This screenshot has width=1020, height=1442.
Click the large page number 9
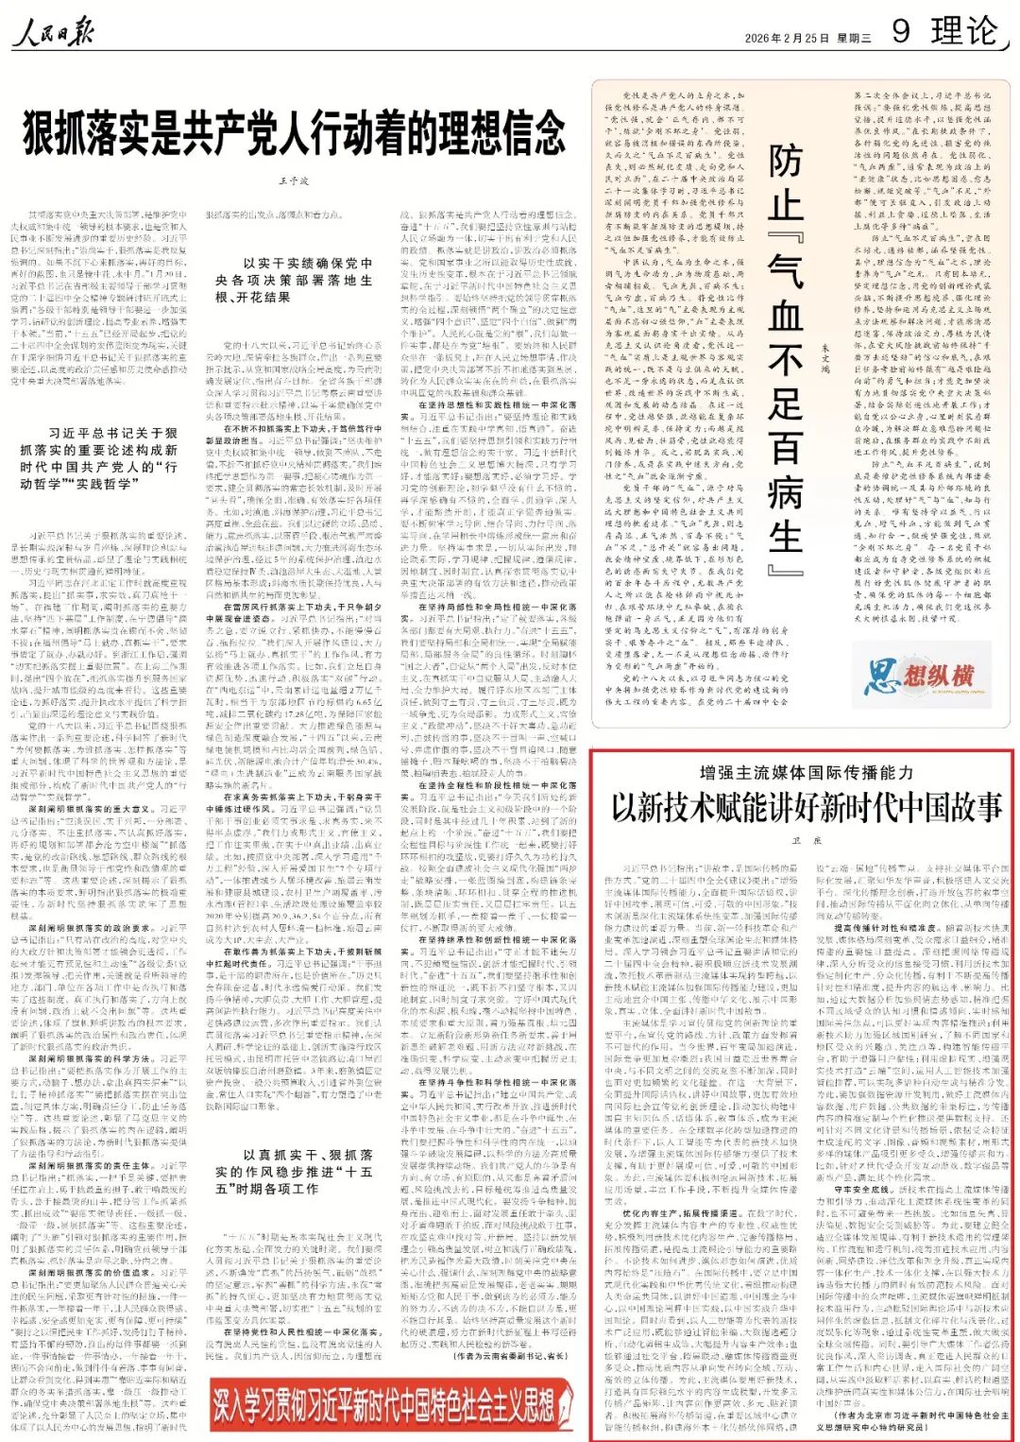pos(902,31)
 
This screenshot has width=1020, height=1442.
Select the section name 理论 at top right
pos(963,31)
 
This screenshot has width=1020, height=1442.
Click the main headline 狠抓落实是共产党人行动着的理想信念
pos(295,133)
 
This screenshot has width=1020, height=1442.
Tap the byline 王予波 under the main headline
pos(295,180)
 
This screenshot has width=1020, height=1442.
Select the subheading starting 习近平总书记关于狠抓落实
pos(98,458)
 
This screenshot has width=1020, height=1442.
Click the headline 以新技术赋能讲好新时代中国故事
pos(806,809)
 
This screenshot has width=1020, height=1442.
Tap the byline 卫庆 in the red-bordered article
pos(806,840)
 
